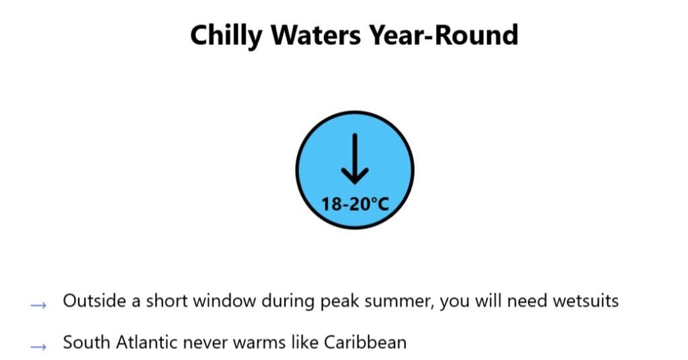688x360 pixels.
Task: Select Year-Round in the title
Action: click(443, 35)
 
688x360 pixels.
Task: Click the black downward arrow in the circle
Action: click(355, 159)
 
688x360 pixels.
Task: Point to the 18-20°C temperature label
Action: click(355, 204)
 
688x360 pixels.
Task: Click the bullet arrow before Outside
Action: click(38, 305)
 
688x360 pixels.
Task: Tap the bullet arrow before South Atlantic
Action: click(38, 347)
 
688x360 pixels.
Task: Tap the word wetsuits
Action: click(585, 302)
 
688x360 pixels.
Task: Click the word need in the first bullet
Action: click(527, 301)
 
